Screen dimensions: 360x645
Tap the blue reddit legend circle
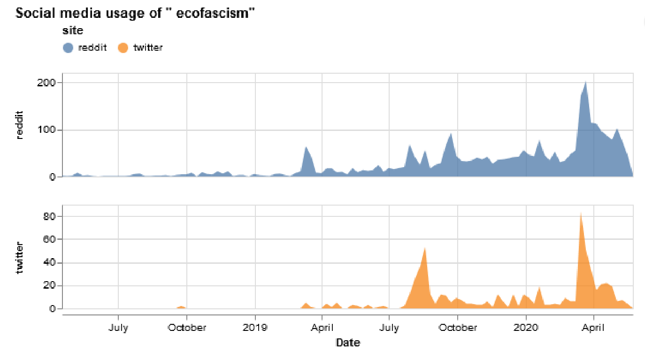click(68, 47)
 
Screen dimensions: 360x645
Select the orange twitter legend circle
click(123, 47)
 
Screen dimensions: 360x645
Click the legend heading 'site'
click(73, 31)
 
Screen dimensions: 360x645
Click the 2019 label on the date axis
click(255, 328)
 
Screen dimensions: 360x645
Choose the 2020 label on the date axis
click(526, 328)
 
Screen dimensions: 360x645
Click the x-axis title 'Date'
click(348, 343)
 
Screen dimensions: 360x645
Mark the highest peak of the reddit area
click(585, 82)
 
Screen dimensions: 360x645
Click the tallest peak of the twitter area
click(581, 213)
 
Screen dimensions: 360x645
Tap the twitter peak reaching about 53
click(425, 248)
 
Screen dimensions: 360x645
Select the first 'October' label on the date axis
click(187, 328)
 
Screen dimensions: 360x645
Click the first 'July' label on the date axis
click(118, 328)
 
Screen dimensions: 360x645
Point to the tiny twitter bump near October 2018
click(182, 306)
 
